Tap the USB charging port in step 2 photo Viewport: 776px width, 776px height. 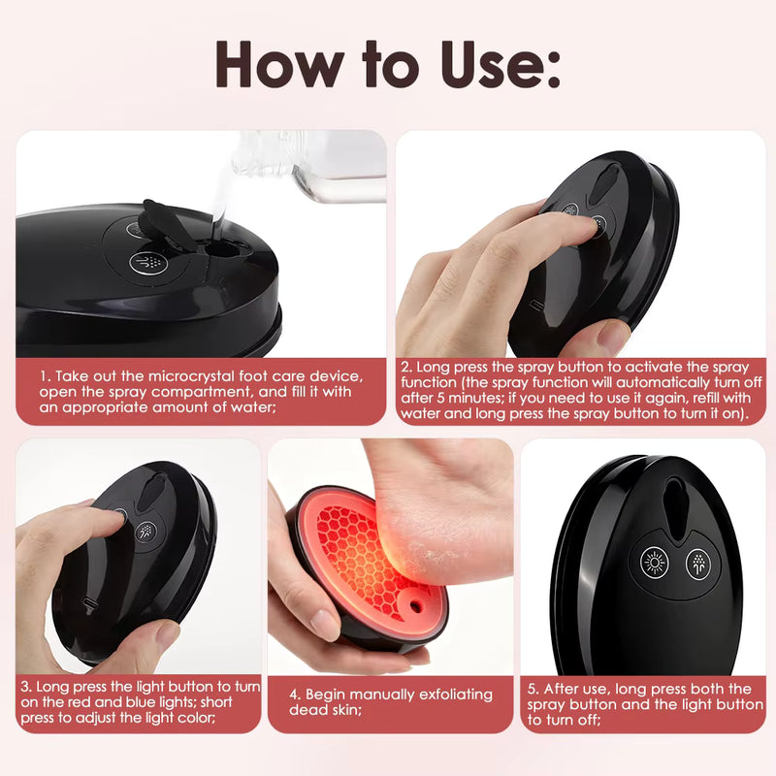(x=535, y=305)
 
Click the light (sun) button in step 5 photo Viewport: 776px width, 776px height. (x=654, y=563)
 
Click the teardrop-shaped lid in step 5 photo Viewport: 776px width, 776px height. (x=675, y=504)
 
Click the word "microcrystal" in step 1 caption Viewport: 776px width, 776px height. (x=189, y=376)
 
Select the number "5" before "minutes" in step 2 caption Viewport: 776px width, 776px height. (x=440, y=398)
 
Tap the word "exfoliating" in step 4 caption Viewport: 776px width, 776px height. (x=456, y=695)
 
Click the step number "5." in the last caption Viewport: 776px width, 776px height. (x=533, y=689)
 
